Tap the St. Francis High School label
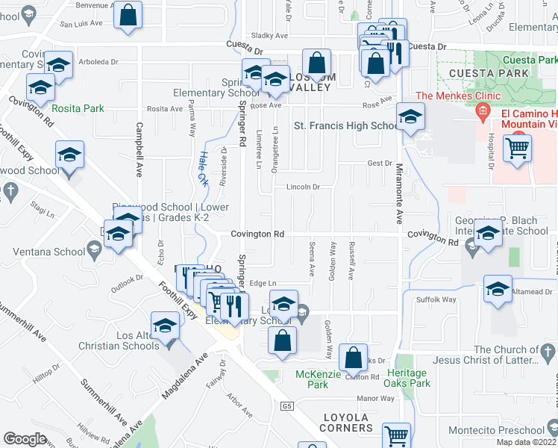point(346,125)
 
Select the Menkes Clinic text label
point(450,96)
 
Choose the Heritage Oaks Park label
point(407,378)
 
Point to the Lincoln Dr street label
point(304,187)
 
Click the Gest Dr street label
point(379,163)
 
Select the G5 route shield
point(288,406)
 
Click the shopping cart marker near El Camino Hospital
point(517,147)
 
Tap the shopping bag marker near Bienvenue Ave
point(128,14)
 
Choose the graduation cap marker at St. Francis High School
point(410,117)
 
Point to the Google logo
point(25,439)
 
